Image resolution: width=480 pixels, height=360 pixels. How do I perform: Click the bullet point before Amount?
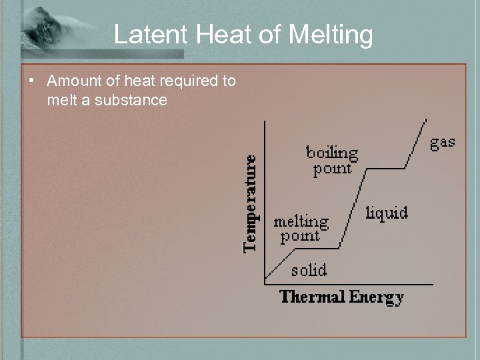[31, 82]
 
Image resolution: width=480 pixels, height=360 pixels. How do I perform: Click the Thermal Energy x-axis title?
[341, 297]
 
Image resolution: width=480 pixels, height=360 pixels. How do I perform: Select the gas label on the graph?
[442, 142]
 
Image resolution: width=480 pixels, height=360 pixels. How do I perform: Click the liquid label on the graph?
[387, 213]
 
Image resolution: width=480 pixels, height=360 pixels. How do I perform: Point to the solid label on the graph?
[309, 270]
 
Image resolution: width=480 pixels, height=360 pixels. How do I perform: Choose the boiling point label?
[332, 161]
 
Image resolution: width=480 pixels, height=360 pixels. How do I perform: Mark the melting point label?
[301, 228]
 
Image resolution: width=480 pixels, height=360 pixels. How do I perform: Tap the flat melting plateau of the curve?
[317, 249]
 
